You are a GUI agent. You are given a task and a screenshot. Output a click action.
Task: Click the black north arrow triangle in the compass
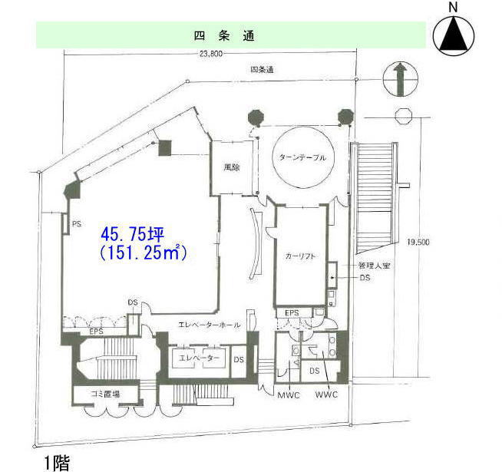(x=454, y=35)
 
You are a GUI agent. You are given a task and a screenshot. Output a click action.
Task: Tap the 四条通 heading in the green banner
(x=224, y=35)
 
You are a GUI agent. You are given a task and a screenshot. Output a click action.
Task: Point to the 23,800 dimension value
(x=211, y=54)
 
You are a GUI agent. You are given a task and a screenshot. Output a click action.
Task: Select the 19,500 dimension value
(x=418, y=242)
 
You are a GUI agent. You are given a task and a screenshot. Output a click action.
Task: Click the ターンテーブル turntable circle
(x=303, y=157)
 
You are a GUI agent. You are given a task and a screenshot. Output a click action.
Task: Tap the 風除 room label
(x=232, y=167)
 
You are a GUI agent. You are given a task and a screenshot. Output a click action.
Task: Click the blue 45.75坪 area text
(x=133, y=234)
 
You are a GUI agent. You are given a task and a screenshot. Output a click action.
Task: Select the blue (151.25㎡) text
(x=143, y=253)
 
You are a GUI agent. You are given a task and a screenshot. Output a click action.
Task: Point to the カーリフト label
(x=300, y=256)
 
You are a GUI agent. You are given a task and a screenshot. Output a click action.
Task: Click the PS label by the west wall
(x=77, y=224)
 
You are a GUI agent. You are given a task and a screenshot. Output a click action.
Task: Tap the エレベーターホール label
(x=209, y=325)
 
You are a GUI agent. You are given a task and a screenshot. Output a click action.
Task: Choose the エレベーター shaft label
(x=199, y=358)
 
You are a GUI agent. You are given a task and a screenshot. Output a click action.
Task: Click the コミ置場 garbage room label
(x=105, y=394)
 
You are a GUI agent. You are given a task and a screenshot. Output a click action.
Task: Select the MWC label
(x=289, y=395)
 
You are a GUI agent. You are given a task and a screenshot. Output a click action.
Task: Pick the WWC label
(x=326, y=394)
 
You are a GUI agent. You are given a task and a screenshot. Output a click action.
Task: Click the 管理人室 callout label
(x=374, y=266)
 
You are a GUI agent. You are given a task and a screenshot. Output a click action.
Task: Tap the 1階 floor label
(x=57, y=462)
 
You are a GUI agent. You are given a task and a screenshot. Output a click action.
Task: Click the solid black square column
(x=165, y=148)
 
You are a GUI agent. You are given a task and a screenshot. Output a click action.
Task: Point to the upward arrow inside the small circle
(x=400, y=79)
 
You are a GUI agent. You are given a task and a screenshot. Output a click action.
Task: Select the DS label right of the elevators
(x=239, y=360)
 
